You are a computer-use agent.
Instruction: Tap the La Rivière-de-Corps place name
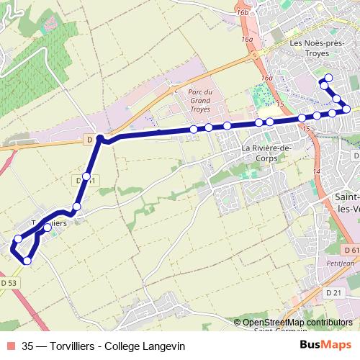pos(266,153)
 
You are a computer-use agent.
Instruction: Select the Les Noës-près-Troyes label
pos(318,48)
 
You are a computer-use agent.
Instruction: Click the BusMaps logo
pos(322,346)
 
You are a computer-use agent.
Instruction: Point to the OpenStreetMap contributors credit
pos(297,323)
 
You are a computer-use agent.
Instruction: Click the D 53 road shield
pos(9,284)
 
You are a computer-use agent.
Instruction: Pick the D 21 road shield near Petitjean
pos(333,292)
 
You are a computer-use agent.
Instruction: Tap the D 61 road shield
pos(351,249)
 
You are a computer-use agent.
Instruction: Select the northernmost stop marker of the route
pos(329,78)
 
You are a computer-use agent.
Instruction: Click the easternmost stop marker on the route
pos(346,109)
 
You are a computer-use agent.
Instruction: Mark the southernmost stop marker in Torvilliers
pos(28,261)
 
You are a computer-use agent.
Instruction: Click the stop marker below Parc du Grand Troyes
pos(194,129)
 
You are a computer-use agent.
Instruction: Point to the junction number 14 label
pos(316,171)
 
